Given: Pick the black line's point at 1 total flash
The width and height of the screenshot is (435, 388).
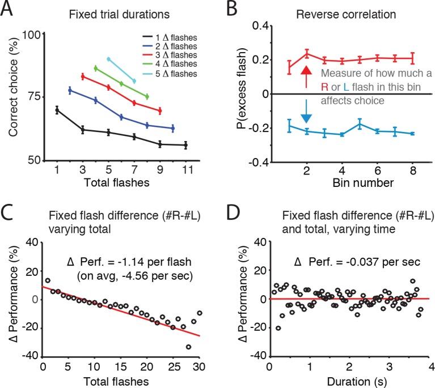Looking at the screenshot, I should (x=57, y=110).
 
